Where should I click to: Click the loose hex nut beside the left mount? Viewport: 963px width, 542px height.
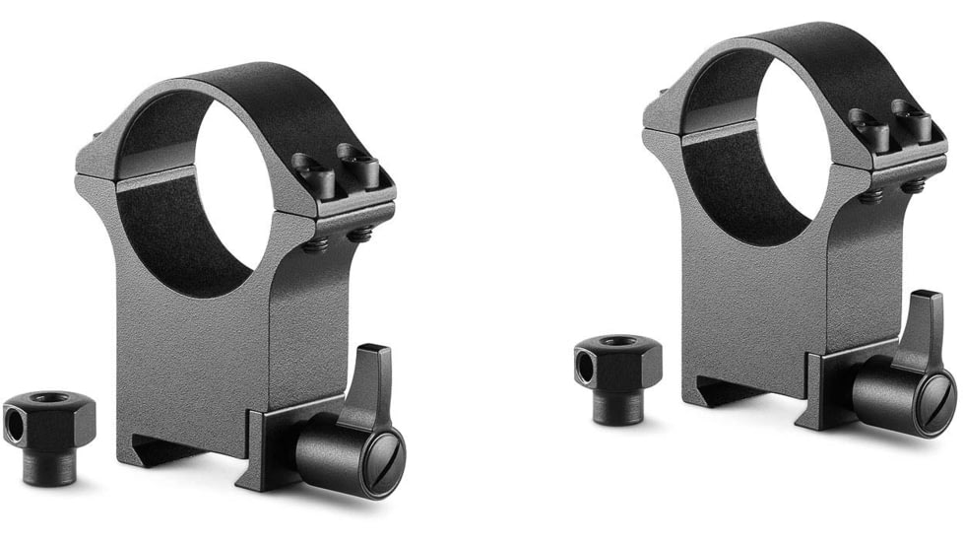(49, 434)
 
